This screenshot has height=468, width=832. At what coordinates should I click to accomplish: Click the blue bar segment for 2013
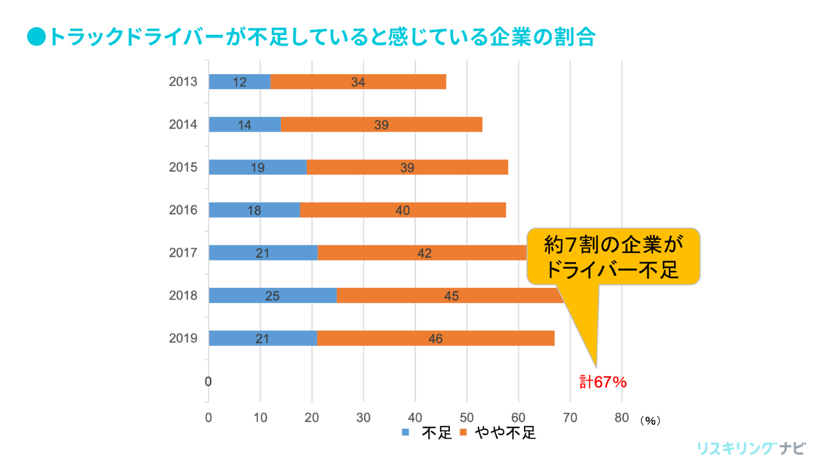click(239, 82)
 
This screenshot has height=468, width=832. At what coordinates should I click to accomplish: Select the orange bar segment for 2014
click(382, 125)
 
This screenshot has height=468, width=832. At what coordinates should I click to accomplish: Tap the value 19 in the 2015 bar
click(257, 168)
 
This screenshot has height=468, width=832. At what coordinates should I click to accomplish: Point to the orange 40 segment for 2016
click(403, 211)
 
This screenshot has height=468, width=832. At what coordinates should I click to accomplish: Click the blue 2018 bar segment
click(273, 296)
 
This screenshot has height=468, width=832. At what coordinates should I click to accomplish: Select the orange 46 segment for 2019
click(435, 339)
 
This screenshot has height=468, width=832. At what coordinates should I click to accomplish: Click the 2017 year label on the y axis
click(183, 253)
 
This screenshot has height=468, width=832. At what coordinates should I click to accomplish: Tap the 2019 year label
click(183, 339)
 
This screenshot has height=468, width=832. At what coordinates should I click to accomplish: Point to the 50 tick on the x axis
click(467, 417)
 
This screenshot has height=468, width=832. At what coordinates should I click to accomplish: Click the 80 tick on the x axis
click(621, 417)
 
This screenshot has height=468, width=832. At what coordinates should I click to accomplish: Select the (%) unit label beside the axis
click(650, 421)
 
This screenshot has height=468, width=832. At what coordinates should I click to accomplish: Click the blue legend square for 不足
click(406, 432)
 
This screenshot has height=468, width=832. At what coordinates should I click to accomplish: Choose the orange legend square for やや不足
click(464, 432)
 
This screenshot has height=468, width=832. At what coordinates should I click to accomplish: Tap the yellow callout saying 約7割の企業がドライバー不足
click(613, 256)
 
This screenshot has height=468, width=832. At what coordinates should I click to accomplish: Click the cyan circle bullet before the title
click(36, 36)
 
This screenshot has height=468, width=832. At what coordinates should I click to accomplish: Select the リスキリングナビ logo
click(751, 448)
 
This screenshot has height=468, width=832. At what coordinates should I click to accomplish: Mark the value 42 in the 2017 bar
click(424, 253)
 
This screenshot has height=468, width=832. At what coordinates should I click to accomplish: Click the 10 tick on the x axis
click(260, 417)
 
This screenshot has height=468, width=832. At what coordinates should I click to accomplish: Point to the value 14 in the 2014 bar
click(244, 125)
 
